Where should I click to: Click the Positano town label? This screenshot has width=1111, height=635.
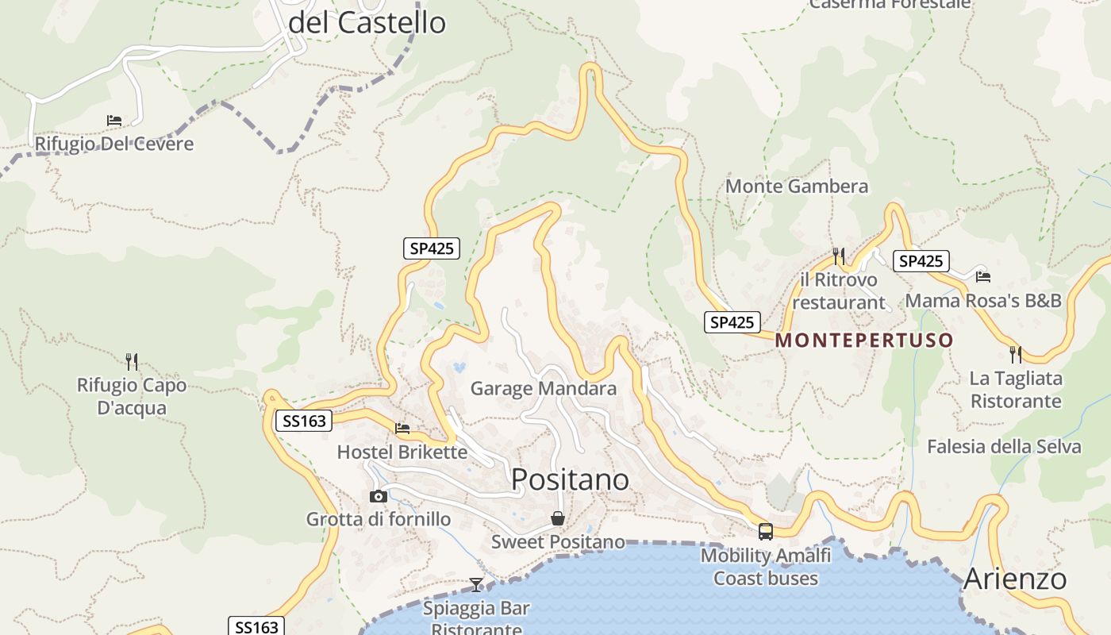tap(570, 479)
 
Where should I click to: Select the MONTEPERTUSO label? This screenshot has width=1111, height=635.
tap(864, 341)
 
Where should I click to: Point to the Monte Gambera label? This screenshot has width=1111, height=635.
tap(797, 187)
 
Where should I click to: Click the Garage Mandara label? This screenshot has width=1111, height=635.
tap(543, 388)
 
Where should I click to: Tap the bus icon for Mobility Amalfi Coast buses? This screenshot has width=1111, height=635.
tap(765, 532)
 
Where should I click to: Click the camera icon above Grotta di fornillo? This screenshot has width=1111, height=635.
tap(379, 497)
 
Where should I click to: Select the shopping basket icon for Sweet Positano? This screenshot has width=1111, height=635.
tap(558, 518)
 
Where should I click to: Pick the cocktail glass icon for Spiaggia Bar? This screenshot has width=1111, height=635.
tap(476, 585)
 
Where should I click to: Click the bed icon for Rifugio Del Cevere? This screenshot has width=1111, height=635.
tap(114, 121)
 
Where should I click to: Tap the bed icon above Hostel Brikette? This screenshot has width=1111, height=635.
tap(402, 429)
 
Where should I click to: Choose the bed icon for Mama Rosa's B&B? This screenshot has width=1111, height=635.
tap(983, 277)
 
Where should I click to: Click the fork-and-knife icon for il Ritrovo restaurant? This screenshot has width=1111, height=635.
tap(838, 256)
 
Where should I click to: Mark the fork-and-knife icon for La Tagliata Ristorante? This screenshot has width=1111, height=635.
tap(1015, 353)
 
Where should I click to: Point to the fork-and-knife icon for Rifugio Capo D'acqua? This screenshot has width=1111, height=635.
tap(132, 362)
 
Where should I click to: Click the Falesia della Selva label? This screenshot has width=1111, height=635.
tap(1004, 447)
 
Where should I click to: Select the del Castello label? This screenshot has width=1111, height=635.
tap(367, 23)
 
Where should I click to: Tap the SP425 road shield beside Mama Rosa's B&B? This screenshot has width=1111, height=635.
tap(921, 261)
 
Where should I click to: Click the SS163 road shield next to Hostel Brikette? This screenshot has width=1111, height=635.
tap(305, 421)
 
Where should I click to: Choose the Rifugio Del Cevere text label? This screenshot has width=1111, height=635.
tap(114, 144)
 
